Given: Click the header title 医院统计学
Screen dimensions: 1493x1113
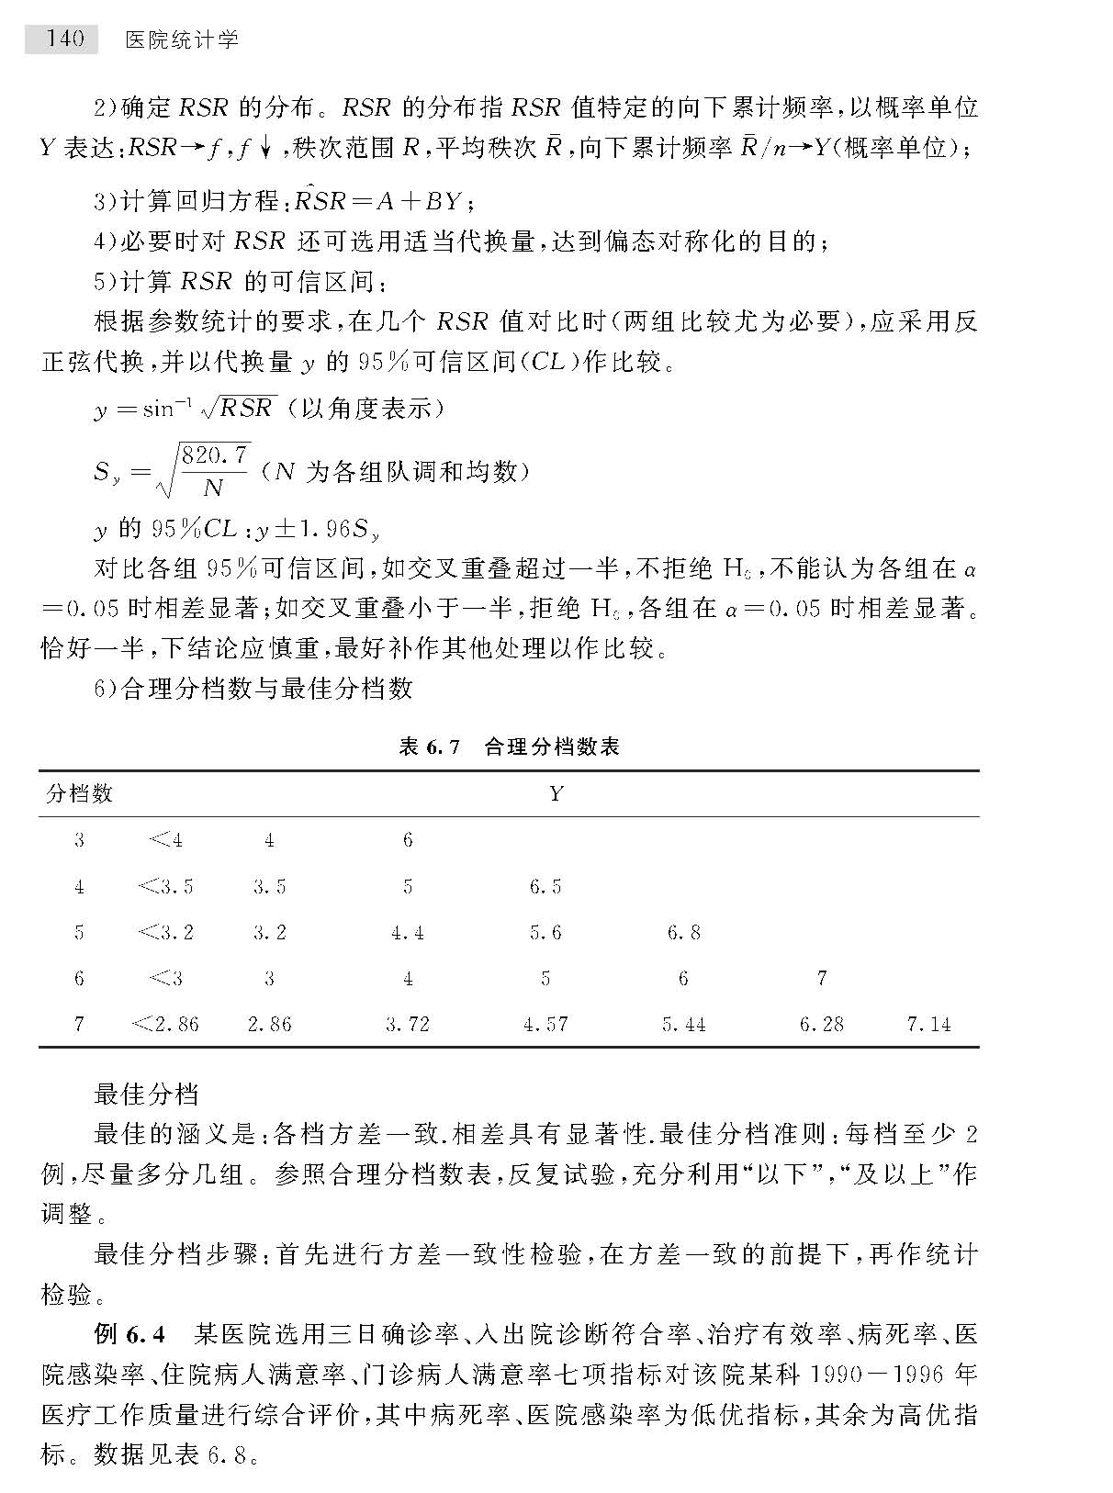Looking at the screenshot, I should pyautogui.click(x=182, y=39).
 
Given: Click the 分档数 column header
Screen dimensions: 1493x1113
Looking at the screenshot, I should pyautogui.click(x=80, y=793).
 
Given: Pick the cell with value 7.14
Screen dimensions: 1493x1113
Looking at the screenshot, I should pyautogui.click(x=928, y=1024).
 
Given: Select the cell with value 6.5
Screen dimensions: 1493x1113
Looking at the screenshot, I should pyautogui.click(x=545, y=886).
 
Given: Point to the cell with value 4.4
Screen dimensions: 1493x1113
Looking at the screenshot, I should pyautogui.click(x=407, y=932).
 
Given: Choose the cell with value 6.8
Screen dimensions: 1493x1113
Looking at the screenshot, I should pyautogui.click(x=683, y=932).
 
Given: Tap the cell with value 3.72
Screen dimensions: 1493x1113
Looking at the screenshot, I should pyautogui.click(x=407, y=1024).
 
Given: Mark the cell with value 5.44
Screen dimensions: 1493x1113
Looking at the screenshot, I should pyautogui.click(x=683, y=1024).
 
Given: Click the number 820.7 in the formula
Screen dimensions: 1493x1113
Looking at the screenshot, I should pyautogui.click(x=215, y=455).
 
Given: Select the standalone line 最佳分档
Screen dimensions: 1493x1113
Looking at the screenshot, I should pyautogui.click(x=146, y=1094).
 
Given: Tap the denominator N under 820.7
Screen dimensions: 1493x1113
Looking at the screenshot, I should pyautogui.click(x=213, y=487).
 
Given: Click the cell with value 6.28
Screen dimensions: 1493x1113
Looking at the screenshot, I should pyautogui.click(x=821, y=1024).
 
